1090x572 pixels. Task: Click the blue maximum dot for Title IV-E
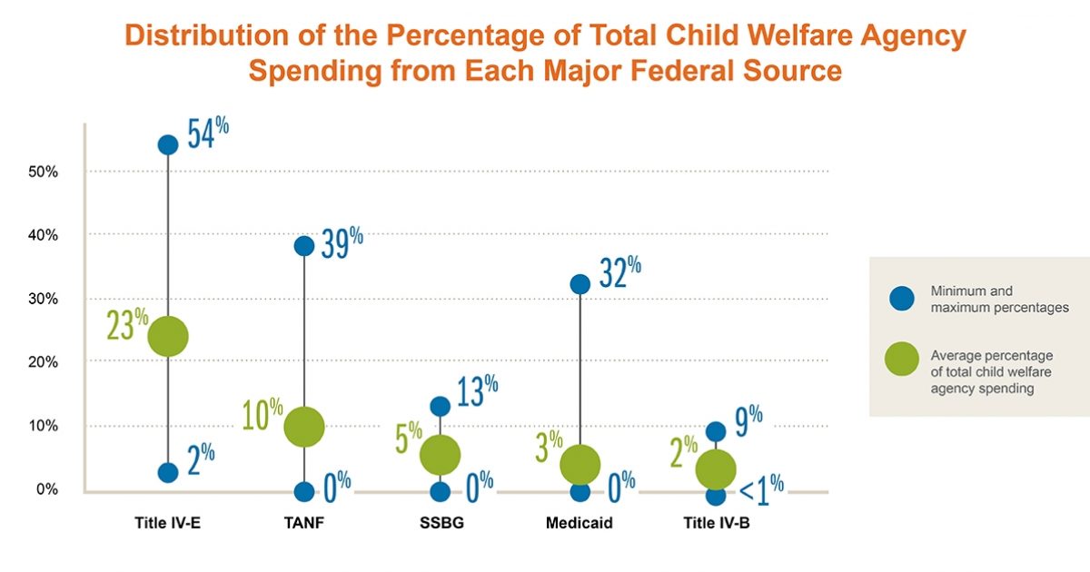tap(168, 144)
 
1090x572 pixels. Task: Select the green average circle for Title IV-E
tap(168, 336)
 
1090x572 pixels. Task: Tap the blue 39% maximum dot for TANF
tap(304, 245)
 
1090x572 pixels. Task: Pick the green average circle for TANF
tap(304, 426)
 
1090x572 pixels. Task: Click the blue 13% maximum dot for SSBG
tap(441, 406)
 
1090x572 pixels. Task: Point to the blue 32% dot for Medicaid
tap(580, 284)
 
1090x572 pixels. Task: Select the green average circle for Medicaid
tap(580, 464)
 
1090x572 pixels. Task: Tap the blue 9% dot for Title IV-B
tap(716, 431)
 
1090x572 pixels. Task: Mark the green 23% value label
tap(127, 325)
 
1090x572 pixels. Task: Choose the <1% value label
tap(761, 491)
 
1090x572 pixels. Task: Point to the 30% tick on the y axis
tap(42, 299)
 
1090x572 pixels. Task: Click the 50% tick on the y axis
tap(42, 172)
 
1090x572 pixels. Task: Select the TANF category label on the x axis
tap(304, 523)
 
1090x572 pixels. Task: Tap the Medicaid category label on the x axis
tap(580, 523)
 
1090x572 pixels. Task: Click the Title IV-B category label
tap(716, 523)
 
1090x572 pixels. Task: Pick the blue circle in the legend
tap(901, 299)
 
